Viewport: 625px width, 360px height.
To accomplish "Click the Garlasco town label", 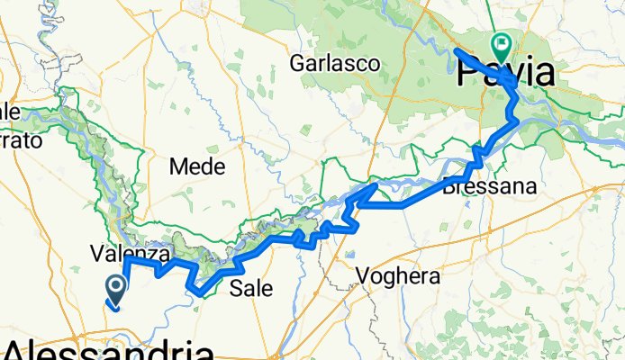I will click(x=334, y=64).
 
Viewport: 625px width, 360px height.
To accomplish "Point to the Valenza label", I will click(x=131, y=254).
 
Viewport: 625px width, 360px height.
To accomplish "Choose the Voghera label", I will click(x=398, y=275).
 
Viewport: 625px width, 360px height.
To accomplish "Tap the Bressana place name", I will click(x=490, y=187).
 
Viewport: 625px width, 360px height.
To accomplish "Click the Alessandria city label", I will click(x=108, y=349).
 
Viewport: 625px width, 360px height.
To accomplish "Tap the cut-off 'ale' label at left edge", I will click(x=10, y=112).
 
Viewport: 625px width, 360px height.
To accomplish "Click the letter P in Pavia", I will click(x=470, y=74).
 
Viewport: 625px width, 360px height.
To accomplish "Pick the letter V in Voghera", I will click(x=363, y=275).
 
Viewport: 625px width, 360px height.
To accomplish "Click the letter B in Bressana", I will click(x=449, y=187).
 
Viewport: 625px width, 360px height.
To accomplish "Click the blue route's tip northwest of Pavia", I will click(x=457, y=50).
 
